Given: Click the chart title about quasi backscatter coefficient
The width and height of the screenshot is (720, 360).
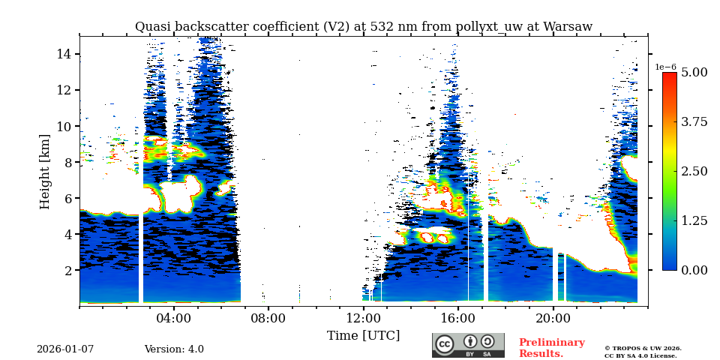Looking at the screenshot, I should click(363, 27).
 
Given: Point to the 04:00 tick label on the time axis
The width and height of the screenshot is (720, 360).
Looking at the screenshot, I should click(174, 318).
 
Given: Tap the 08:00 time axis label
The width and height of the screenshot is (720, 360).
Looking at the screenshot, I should click(268, 318).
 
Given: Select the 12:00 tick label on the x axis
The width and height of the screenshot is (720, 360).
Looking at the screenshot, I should click(364, 318).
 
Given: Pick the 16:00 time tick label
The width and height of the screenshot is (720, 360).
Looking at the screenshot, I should click(458, 318).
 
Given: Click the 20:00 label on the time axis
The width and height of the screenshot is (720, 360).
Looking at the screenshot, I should click(553, 318).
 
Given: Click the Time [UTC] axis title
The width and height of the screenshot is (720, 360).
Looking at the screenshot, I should click(363, 335).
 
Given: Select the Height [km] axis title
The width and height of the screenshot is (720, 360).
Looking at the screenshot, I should click(45, 171).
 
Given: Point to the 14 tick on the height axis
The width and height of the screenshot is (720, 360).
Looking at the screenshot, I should click(64, 54).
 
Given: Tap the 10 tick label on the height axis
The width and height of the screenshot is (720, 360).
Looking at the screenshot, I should click(64, 126).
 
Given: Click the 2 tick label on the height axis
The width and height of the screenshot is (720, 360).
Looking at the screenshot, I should click(67, 270).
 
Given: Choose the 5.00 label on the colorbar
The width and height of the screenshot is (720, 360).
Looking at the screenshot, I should click(694, 73).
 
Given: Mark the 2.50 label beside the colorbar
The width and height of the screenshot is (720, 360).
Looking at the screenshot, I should click(694, 171).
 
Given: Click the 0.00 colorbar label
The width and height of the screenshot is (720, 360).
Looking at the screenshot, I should click(694, 270).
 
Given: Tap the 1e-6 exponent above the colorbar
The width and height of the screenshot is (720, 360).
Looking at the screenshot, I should click(665, 67).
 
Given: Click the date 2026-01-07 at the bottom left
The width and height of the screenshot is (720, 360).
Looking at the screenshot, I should click(65, 349).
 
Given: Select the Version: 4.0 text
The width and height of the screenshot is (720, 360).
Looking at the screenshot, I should click(174, 349).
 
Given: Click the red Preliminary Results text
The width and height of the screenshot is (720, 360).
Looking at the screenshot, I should click(551, 348).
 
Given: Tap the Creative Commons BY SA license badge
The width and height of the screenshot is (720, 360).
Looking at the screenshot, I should click(468, 345).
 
